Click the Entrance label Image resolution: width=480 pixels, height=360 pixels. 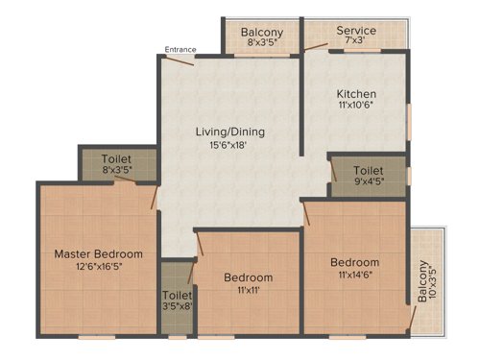click(180, 49)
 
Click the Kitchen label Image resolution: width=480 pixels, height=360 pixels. click(354, 93)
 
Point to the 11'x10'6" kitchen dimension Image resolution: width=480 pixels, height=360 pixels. click(354, 108)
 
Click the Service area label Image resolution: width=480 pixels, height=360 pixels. click(356, 31)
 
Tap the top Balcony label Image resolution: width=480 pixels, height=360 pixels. click(261, 31)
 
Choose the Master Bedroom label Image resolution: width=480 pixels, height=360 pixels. click(98, 253)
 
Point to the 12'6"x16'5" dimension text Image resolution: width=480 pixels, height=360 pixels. click(98, 268)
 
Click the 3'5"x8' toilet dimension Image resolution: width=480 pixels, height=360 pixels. click(177, 308)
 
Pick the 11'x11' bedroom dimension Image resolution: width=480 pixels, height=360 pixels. click(249, 291)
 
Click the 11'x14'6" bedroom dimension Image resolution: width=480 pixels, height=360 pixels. click(354, 276)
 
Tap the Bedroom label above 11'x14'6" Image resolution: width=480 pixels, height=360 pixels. click(354, 262)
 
